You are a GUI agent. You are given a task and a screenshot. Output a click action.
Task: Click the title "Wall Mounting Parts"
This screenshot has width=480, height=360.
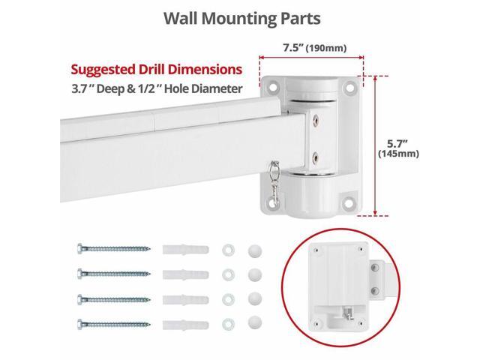click(x=241, y=19)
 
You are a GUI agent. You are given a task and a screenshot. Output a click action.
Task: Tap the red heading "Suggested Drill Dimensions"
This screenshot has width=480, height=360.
click(x=157, y=70)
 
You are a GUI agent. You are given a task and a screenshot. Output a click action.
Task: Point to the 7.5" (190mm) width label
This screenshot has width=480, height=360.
click(x=315, y=48)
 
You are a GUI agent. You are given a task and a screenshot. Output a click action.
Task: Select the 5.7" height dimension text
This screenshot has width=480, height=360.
click(x=397, y=143)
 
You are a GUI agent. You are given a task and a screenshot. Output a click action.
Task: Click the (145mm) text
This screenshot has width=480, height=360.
click(x=398, y=153)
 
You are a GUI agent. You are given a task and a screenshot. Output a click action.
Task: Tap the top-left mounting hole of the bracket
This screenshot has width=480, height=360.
click(x=272, y=88)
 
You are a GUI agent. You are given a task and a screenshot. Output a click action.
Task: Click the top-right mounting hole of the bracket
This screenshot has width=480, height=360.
click(x=349, y=88)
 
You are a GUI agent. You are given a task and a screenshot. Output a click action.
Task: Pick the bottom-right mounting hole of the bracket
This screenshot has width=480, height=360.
click(x=348, y=202)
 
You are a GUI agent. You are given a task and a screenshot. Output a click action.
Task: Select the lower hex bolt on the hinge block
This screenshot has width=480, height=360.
click(x=314, y=158)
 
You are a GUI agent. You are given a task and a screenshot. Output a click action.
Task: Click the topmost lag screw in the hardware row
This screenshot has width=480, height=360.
click(x=113, y=248)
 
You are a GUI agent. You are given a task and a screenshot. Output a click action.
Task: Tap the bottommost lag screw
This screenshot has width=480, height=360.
click(x=113, y=324)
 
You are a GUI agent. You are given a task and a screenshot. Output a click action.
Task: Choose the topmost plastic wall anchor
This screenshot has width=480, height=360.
click(x=185, y=249)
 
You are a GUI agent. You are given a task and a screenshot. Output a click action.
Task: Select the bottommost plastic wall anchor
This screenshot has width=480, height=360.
click(x=185, y=325)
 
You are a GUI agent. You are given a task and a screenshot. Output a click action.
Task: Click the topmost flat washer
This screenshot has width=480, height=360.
click(x=228, y=250)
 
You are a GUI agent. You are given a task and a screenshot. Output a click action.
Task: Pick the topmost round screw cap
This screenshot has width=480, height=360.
click(x=255, y=250)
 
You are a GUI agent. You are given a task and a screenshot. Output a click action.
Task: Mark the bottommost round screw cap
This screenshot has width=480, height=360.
click(x=255, y=322)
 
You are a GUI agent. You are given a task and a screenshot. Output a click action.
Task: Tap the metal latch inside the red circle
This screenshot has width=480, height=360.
click(x=348, y=313)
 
